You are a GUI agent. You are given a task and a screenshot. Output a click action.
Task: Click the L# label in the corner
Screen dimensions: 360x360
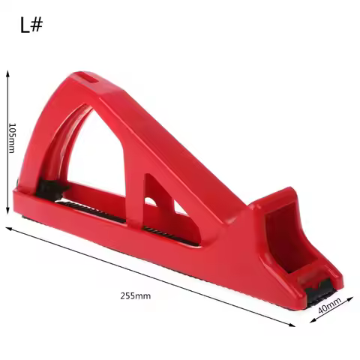pyautogui.click(x=31, y=26)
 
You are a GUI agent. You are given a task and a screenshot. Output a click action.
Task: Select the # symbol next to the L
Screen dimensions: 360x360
pyautogui.click(x=37, y=26)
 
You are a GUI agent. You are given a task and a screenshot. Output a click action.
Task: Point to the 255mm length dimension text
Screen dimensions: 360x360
pyautogui.click(x=135, y=295)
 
